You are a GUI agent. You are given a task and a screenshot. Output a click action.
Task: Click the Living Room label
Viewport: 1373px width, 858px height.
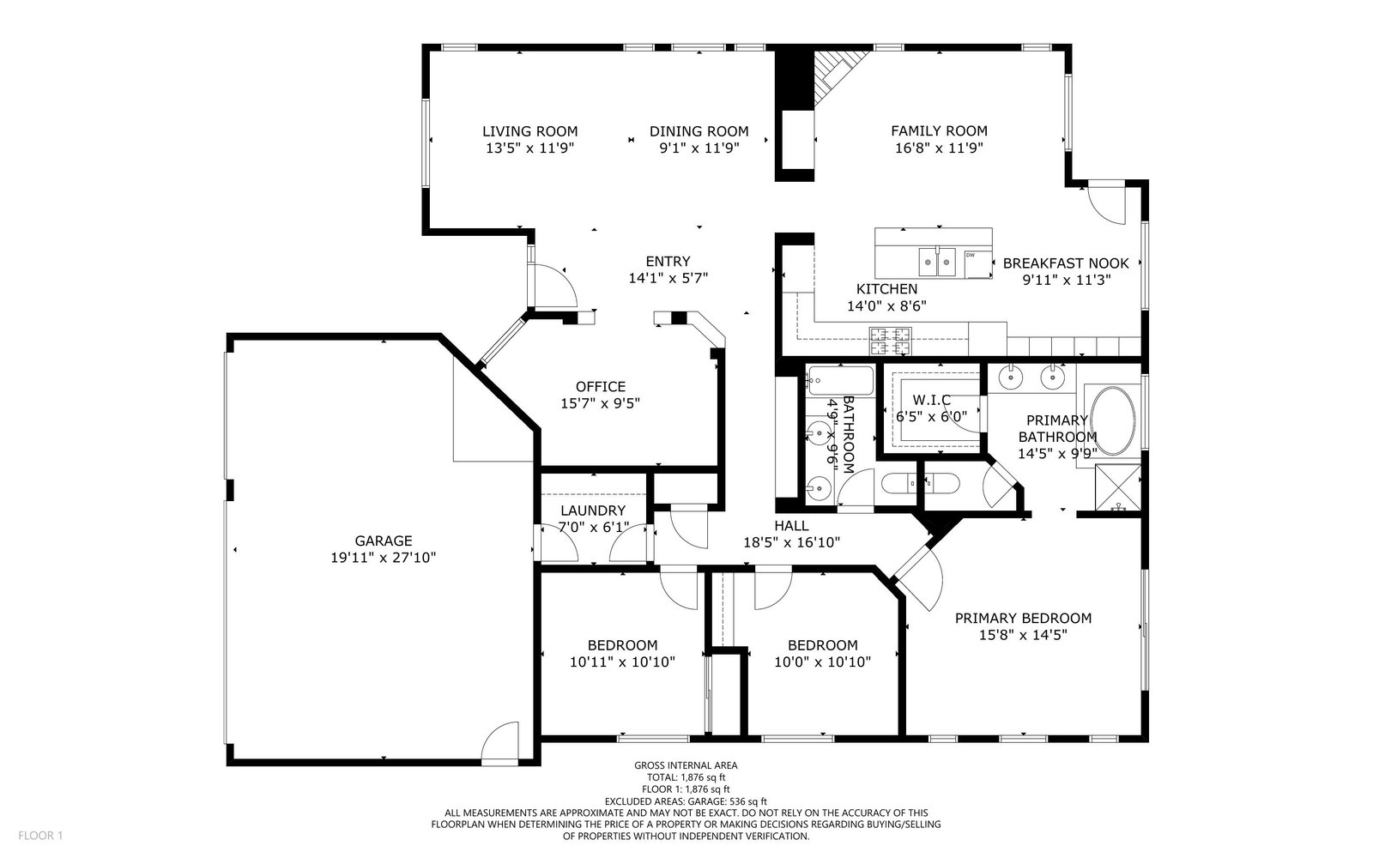tap(529, 131)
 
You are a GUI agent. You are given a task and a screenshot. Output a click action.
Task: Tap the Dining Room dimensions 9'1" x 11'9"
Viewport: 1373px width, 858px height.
tap(699, 148)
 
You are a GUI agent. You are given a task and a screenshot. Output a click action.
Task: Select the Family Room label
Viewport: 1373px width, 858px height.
tap(939, 130)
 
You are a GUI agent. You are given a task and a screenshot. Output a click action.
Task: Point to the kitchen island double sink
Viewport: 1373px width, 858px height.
tap(936, 263)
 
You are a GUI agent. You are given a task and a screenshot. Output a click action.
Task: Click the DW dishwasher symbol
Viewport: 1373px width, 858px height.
tap(978, 264)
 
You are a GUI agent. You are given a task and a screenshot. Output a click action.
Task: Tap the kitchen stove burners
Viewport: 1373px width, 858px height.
tap(890, 341)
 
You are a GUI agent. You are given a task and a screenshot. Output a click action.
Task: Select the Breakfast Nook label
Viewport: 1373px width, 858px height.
tap(1066, 263)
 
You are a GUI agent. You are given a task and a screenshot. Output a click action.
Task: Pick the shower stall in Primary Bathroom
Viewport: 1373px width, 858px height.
tap(1118, 487)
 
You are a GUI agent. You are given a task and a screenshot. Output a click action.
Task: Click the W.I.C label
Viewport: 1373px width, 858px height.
tap(932, 400)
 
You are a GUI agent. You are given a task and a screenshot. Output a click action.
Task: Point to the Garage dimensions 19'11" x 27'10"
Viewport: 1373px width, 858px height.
tap(383, 558)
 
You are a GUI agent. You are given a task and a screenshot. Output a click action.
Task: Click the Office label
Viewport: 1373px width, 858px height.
tap(601, 387)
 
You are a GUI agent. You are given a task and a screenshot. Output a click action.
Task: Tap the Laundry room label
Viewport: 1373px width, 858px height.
tap(593, 511)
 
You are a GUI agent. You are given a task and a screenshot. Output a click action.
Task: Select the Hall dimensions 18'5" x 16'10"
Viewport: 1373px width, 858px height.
tap(791, 542)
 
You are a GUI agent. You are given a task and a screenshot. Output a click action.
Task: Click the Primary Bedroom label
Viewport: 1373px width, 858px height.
tap(1023, 619)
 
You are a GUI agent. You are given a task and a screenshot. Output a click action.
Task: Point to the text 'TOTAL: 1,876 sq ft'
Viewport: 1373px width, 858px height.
tap(686, 777)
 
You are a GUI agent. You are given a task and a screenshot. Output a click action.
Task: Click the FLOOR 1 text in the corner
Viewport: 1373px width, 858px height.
tap(40, 836)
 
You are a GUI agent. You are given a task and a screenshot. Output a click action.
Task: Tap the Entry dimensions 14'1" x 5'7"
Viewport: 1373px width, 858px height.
tap(668, 278)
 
